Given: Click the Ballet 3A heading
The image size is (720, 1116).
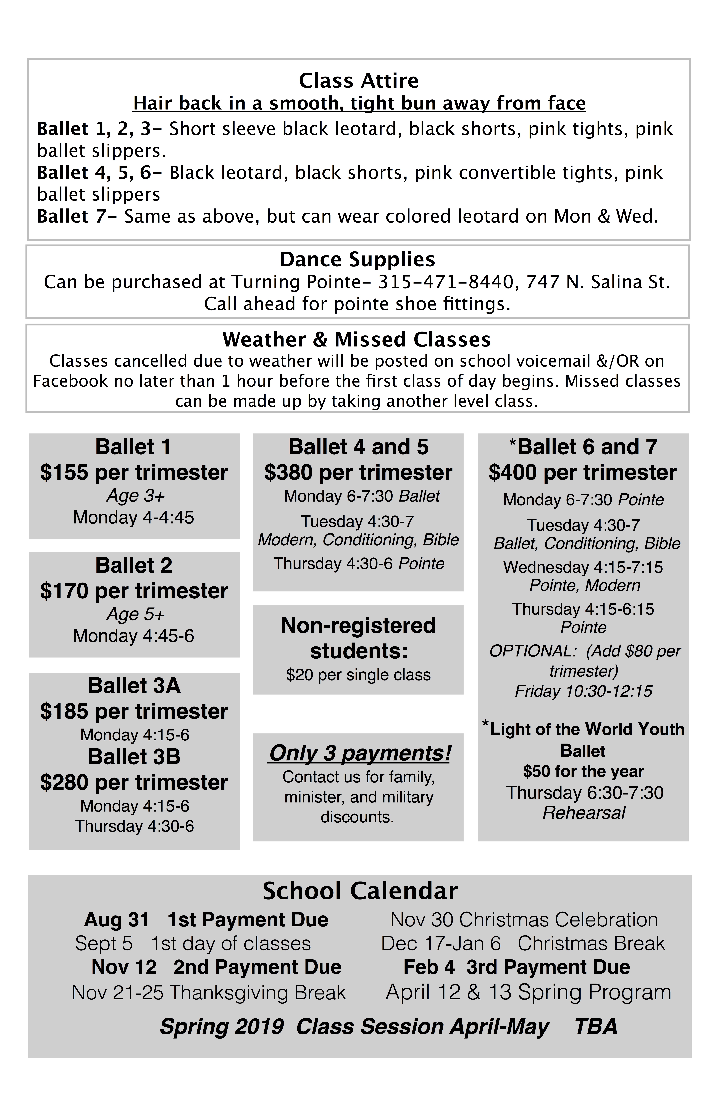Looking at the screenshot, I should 134,686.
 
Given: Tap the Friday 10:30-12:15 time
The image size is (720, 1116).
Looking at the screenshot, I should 584,691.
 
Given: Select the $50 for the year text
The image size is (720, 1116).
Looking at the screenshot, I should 584,771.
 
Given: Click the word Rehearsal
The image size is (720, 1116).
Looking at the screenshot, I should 584,813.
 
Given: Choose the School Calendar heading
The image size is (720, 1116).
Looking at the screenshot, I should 360,891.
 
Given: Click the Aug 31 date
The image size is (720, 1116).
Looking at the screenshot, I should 116,920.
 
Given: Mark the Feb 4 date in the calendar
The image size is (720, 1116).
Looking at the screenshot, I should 429,967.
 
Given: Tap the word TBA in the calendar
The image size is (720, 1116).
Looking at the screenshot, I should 596,1027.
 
